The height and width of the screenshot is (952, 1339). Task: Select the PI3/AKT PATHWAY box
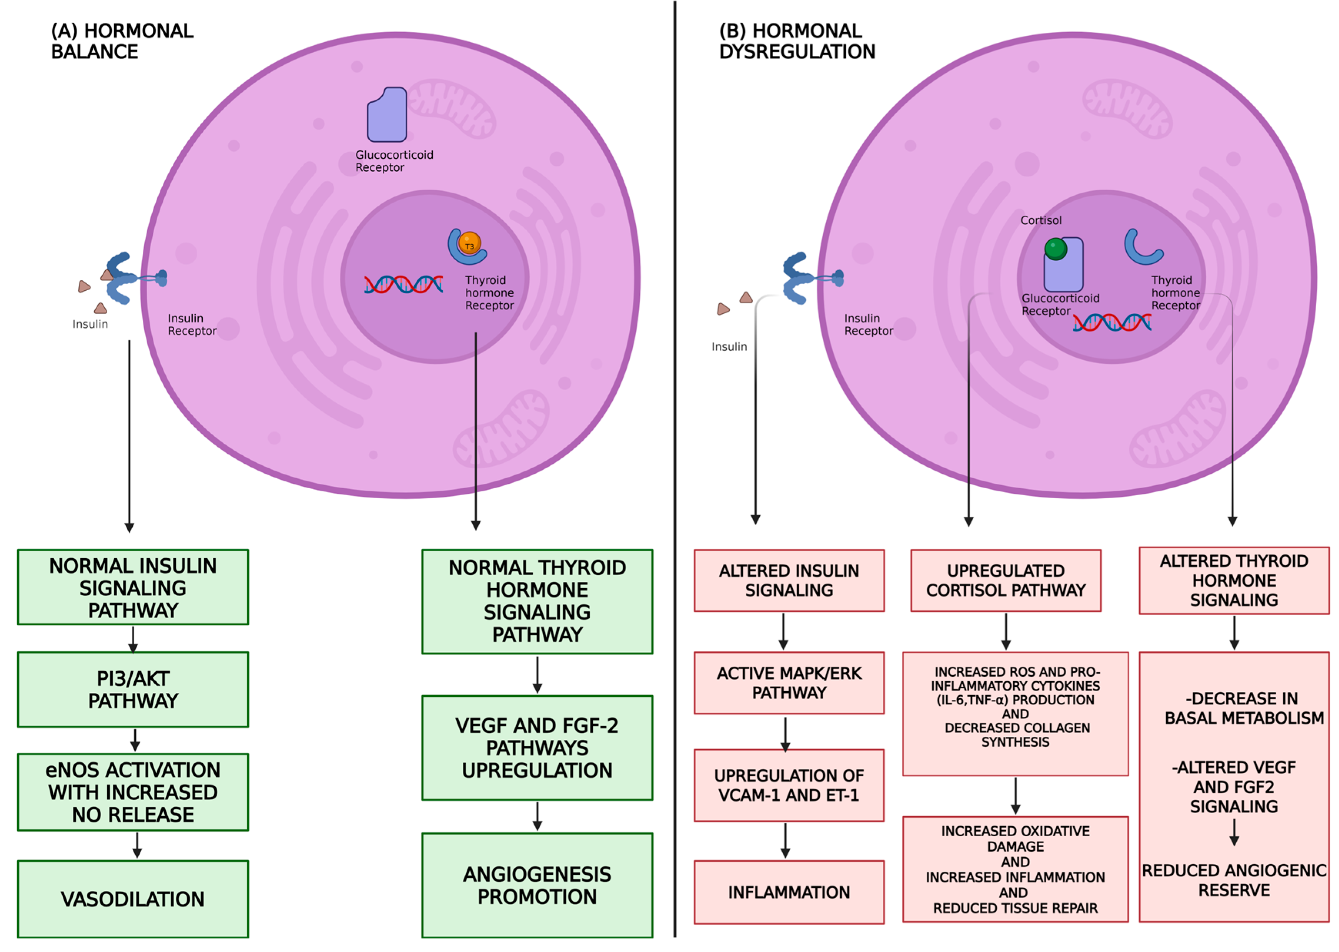[133, 689]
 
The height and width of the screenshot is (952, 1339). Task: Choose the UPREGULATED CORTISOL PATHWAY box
[1005, 580]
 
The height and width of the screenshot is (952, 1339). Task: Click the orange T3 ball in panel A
[469, 243]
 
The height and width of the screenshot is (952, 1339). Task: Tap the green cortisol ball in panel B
[1055, 248]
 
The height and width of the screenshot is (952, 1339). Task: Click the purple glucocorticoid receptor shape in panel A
[387, 115]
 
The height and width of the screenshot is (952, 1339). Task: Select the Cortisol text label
[1041, 220]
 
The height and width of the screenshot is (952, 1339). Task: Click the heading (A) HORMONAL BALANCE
[122, 41]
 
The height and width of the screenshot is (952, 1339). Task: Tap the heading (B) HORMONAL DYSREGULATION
[797, 41]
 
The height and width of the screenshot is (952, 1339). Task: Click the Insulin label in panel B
[729, 346]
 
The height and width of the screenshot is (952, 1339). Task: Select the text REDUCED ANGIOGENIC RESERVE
[1234, 879]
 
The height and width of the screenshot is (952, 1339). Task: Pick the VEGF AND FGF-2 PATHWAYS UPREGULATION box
[537, 747]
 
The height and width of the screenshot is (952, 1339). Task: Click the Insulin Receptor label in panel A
[192, 324]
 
